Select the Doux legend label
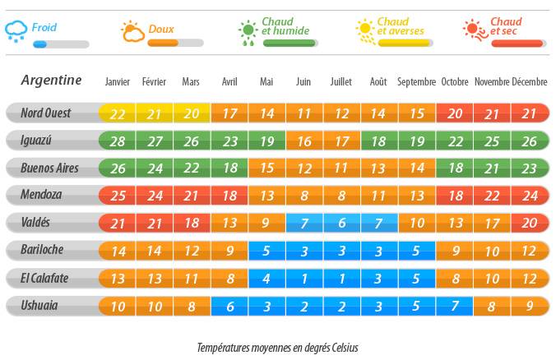(160, 30)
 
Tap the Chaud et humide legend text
(285, 26)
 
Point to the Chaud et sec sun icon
(475, 30)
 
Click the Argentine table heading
(51, 80)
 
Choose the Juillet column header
(341, 81)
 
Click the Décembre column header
(529, 81)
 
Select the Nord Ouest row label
(45, 113)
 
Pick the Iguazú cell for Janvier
(118, 141)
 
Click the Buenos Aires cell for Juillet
(341, 168)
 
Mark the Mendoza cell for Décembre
(529, 196)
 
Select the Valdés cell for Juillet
(341, 224)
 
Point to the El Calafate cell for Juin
(303, 279)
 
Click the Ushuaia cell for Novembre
(492, 307)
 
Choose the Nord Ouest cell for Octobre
(455, 113)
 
